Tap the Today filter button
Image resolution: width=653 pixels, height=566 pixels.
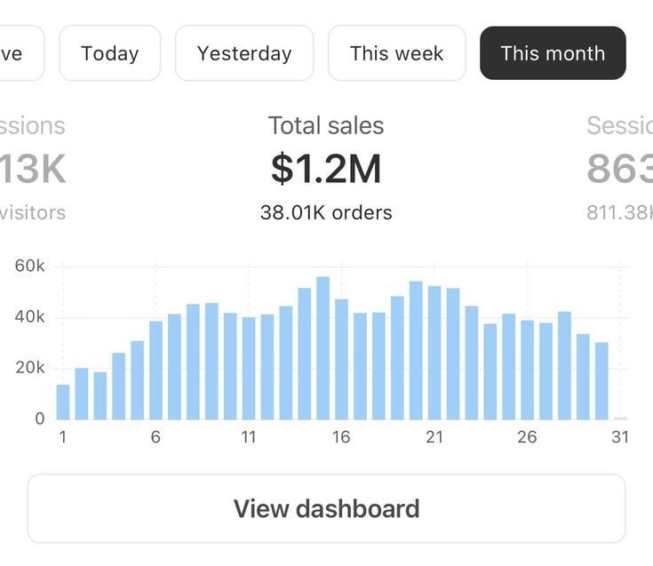click(109, 53)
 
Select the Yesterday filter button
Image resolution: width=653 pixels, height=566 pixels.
click(244, 53)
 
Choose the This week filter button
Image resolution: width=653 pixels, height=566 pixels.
click(396, 53)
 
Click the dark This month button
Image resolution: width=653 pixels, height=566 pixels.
click(553, 53)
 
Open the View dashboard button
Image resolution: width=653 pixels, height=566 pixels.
click(326, 508)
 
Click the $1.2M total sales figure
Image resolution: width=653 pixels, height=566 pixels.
click(326, 169)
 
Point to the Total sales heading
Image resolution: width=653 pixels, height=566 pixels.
click(326, 126)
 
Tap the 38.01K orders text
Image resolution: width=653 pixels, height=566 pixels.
click(326, 212)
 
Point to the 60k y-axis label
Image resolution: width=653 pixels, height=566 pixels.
click(29, 267)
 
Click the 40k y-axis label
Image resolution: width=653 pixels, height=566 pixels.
click(29, 317)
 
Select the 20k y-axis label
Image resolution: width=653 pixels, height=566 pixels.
click(29, 368)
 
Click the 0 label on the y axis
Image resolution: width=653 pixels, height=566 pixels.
click(39, 419)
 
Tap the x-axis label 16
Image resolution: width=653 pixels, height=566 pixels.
click(340, 437)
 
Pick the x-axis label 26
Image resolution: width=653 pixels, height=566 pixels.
click(527, 437)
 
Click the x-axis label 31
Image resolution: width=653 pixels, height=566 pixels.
click(619, 437)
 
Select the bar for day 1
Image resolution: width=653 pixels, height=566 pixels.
click(63, 402)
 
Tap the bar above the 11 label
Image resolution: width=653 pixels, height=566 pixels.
click(249, 368)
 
